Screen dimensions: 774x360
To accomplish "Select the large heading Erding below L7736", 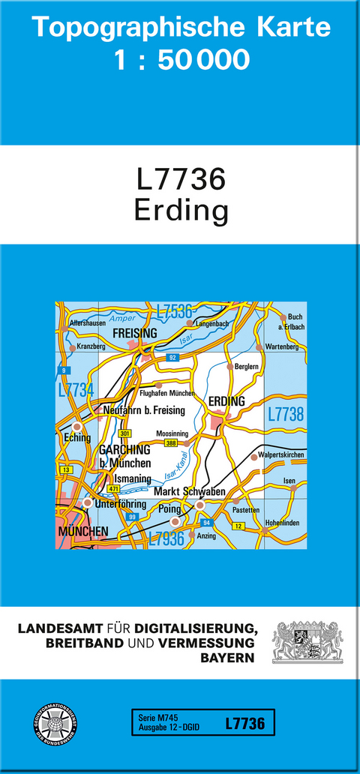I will pyautogui.click(x=181, y=211).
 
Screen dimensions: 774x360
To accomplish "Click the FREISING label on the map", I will pyautogui.click(x=133, y=332).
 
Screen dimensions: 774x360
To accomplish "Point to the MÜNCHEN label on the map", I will pyautogui.click(x=82, y=532).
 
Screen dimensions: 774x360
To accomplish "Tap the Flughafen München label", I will pyautogui.click(x=166, y=393).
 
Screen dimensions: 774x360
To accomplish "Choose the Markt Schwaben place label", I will pyautogui.click(x=189, y=491).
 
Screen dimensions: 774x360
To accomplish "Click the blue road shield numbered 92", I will pyautogui.click(x=172, y=357).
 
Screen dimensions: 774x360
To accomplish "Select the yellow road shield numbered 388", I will pyautogui.click(x=172, y=443).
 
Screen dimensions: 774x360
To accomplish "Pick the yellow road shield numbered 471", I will pyautogui.click(x=114, y=489).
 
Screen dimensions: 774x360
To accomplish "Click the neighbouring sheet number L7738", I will pyautogui.click(x=285, y=413).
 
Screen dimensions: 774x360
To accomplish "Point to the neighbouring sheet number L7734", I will pyautogui.click(x=76, y=390).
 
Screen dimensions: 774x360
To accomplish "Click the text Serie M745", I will pyautogui.click(x=154, y=718).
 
